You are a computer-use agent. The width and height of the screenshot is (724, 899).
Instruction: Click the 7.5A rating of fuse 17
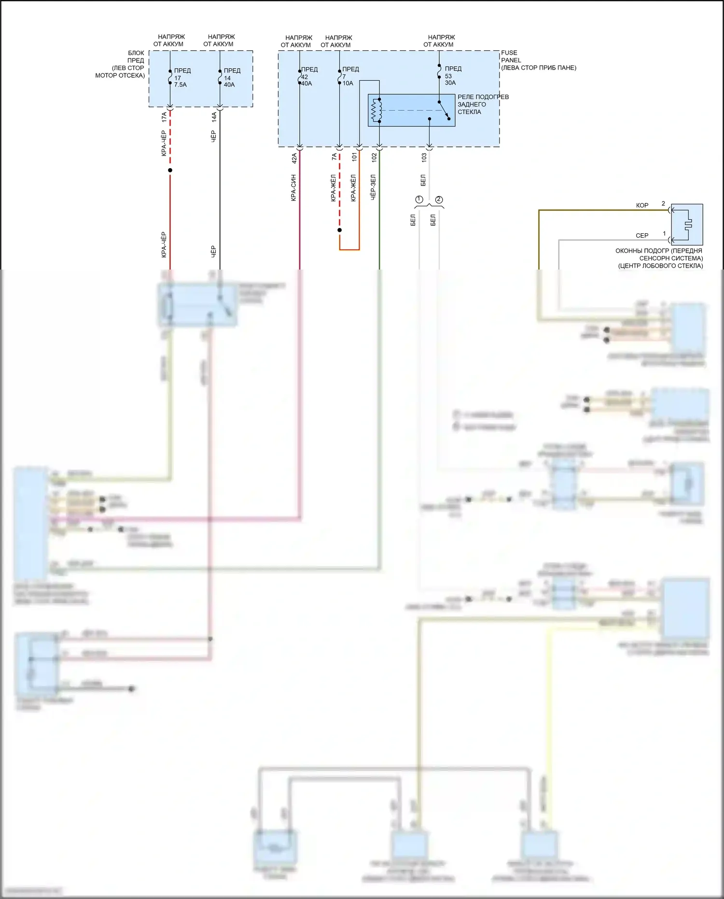181,85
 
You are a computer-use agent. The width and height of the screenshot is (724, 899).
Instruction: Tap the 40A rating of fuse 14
229,85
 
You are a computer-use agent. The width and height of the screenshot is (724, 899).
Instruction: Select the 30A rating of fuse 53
450,83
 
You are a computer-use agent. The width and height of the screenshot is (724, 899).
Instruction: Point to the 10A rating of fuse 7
348,84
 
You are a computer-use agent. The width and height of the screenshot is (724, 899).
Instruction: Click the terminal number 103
424,157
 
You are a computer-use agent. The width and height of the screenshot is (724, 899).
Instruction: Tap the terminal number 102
374,157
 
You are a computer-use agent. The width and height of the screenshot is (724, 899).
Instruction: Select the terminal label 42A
294,158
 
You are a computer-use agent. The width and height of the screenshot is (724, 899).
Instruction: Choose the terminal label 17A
164,117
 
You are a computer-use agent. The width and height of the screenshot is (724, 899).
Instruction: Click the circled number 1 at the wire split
419,200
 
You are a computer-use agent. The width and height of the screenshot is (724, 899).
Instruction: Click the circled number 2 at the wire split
439,200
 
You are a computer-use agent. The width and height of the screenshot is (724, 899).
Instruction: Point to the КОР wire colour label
642,206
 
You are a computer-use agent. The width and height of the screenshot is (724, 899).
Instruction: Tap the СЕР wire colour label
642,236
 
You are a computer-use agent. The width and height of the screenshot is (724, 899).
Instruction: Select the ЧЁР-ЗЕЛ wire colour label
373,187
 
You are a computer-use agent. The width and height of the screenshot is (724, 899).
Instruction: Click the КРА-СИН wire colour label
293,188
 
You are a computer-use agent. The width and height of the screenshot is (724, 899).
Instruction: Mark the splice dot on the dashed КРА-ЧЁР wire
170,170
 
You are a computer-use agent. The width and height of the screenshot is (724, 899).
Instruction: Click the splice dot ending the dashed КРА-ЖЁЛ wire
339,230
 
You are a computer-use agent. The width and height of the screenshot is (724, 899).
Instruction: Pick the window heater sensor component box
687,225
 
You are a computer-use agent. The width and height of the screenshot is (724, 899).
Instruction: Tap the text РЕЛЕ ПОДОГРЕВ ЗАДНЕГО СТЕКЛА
483,104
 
